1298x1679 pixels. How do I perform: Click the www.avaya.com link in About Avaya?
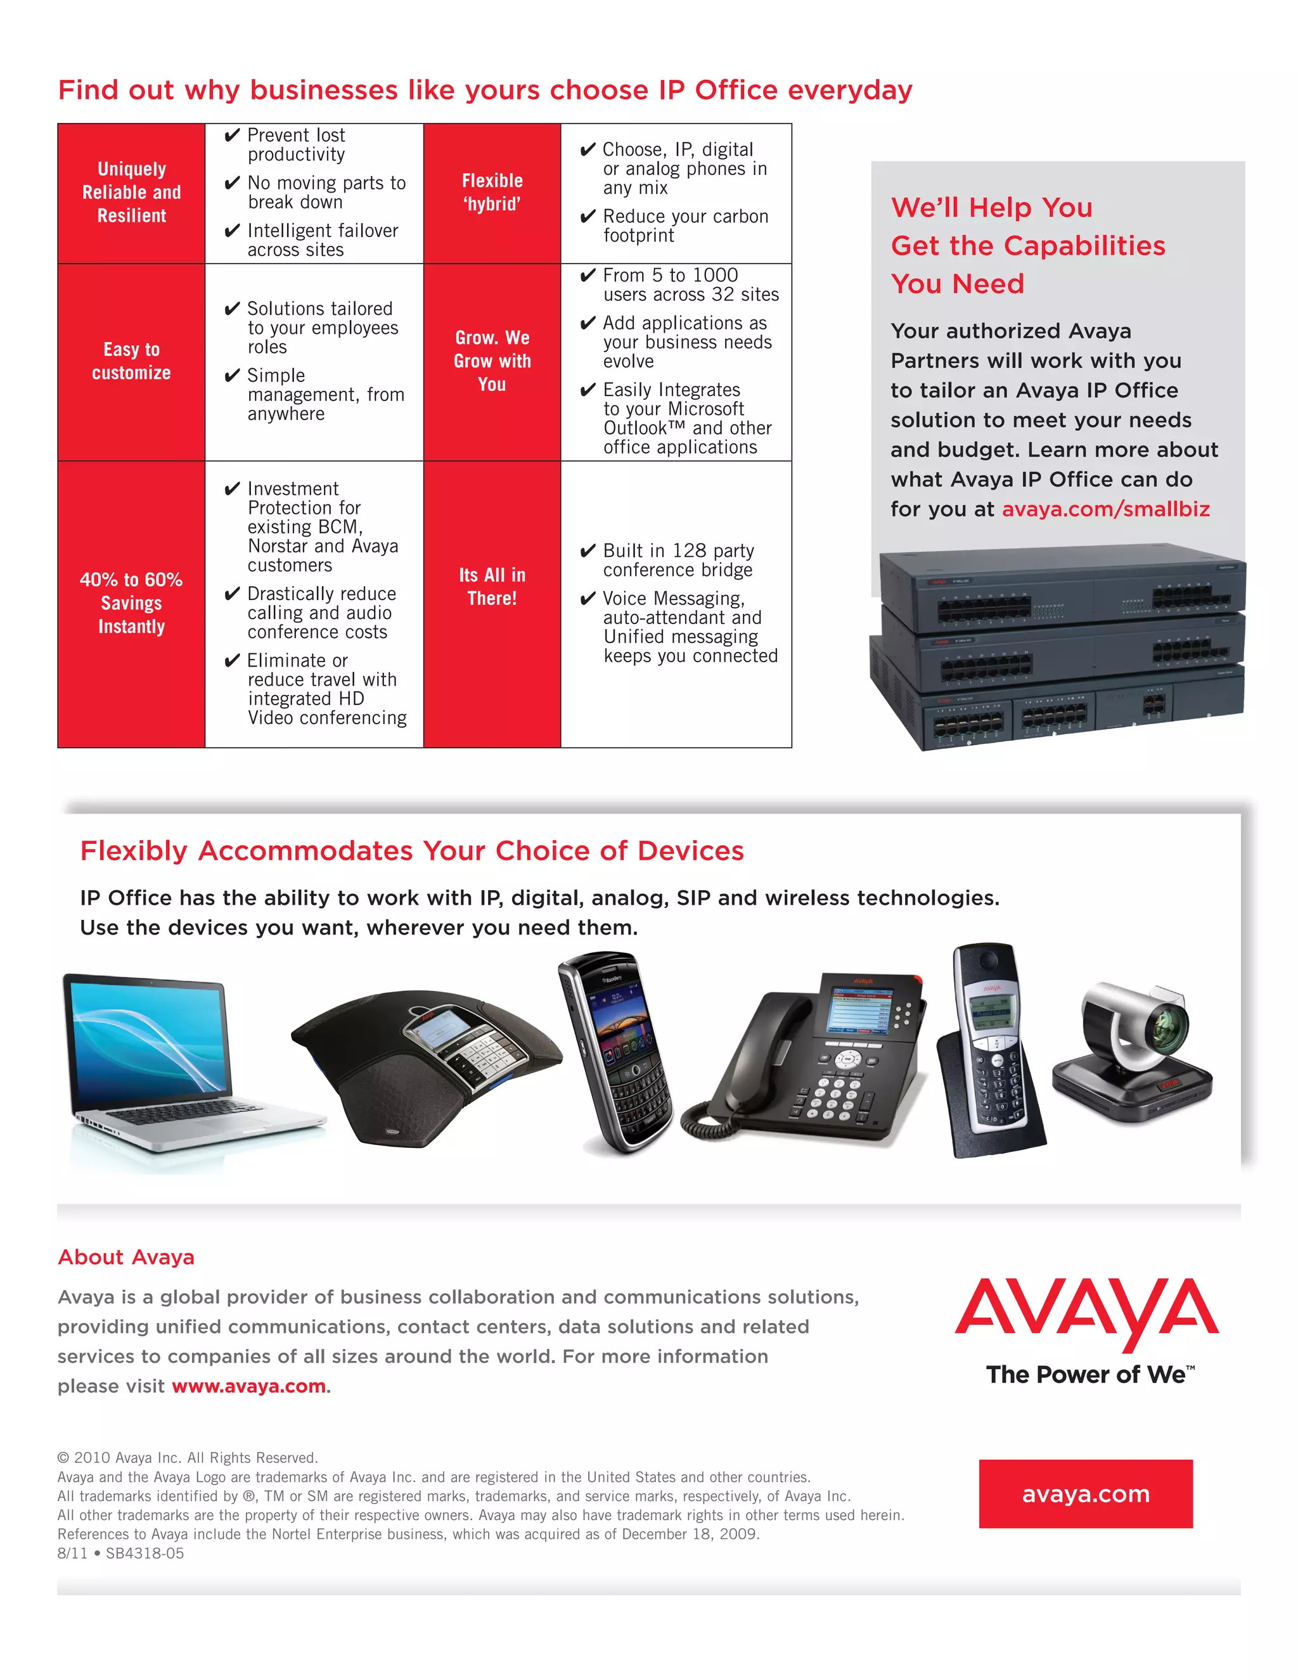tap(248, 1386)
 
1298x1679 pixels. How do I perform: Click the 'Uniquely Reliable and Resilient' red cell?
tap(131, 193)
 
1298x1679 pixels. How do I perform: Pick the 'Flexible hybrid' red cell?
tap(492, 193)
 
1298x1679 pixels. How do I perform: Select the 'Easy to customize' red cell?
tap(131, 361)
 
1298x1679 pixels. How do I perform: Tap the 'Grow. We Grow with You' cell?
tap(492, 361)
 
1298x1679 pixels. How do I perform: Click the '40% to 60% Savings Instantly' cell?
tap(131, 603)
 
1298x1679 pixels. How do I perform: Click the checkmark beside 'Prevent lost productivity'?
tap(232, 136)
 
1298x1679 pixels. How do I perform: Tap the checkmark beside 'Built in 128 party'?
tap(588, 551)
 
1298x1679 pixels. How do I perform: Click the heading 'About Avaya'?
tap(126, 1257)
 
